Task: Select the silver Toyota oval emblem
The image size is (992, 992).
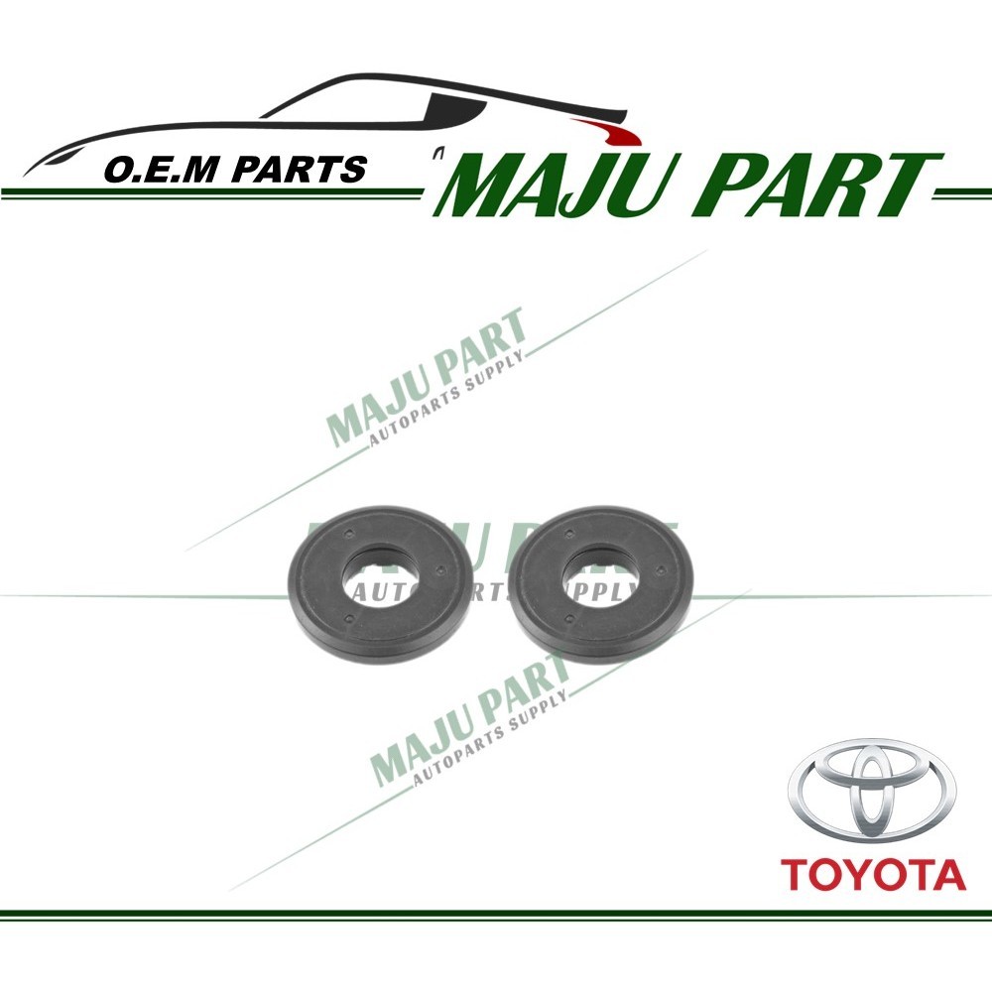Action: [x=872, y=795]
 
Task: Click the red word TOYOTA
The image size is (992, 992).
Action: [x=872, y=875]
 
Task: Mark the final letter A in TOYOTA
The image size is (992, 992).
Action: [x=947, y=875]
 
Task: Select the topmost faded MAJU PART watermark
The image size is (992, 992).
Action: [x=427, y=377]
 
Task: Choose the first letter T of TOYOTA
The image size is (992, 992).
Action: [x=796, y=875]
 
